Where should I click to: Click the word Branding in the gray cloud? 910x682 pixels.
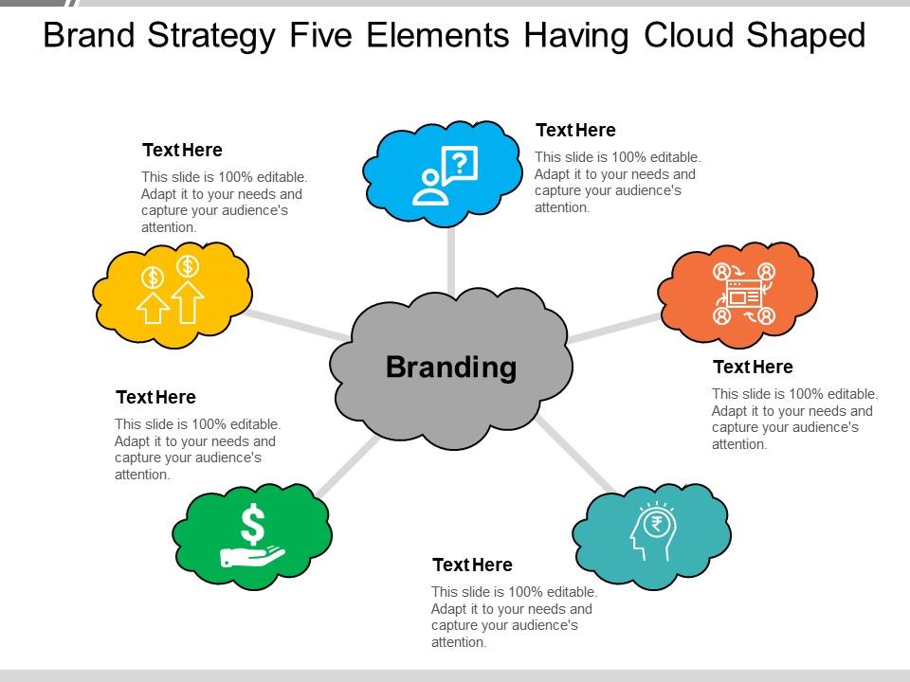451,367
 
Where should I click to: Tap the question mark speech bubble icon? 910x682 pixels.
446,176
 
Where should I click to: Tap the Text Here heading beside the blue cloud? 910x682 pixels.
575,131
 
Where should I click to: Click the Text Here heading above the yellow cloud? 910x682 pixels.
182,150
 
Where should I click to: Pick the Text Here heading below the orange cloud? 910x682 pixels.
753,367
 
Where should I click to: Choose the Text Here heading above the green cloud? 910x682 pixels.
155,397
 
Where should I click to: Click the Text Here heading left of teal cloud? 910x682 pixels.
472,565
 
